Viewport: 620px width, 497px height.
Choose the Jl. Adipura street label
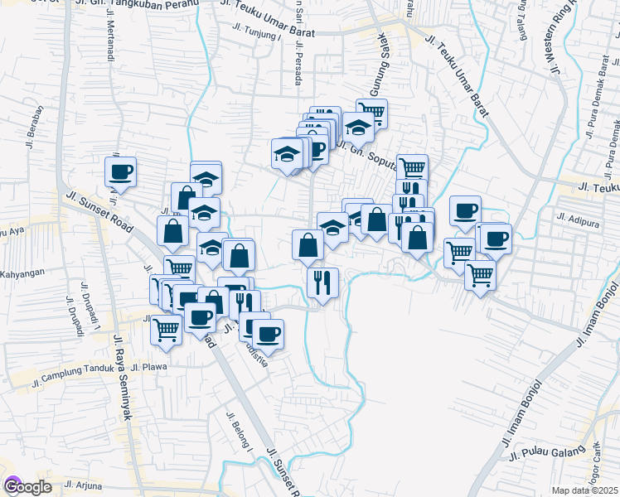click(578, 219)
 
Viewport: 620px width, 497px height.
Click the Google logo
click(27, 487)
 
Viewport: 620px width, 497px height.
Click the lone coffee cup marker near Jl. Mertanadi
click(120, 171)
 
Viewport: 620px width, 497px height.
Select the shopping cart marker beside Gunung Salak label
click(372, 113)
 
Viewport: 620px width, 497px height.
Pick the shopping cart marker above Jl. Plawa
click(166, 330)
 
